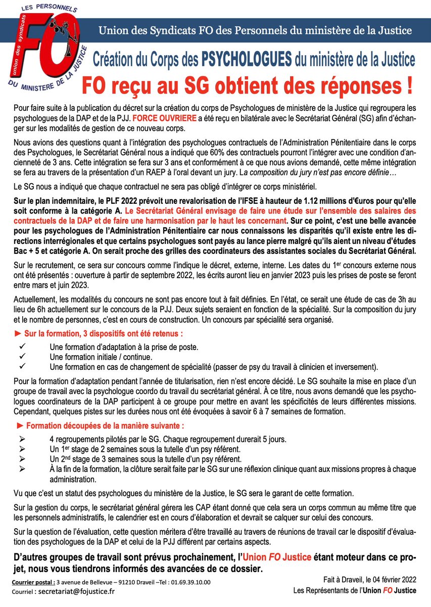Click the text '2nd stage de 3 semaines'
[x=97, y=459]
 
